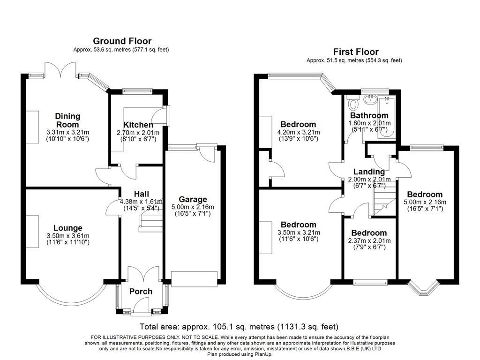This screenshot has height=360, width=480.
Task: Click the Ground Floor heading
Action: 122,41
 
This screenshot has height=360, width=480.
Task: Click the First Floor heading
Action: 356,52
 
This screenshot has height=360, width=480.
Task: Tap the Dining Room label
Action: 67,120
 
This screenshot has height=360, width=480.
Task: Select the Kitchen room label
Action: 138,125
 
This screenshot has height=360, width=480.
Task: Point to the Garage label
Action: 192,200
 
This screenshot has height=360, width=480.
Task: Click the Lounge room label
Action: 67,228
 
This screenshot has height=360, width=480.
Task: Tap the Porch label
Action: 141,292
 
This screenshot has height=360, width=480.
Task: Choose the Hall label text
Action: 141,194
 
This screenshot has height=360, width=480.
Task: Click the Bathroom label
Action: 369,115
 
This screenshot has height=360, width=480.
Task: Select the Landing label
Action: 369,172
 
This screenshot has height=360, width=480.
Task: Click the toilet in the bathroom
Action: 353,102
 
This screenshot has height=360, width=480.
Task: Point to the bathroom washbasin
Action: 370,99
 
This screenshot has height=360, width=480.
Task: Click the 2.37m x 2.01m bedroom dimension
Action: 369,241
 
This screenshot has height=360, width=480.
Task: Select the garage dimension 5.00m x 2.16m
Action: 192,207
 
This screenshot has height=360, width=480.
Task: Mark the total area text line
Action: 239,327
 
